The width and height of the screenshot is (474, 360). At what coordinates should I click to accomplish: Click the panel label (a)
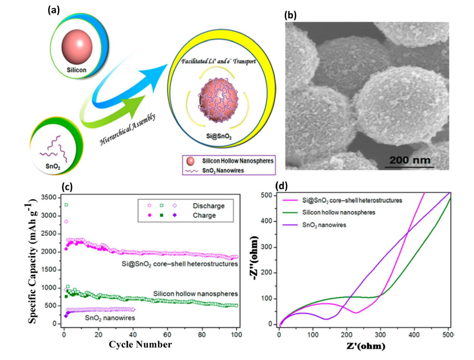(x=53, y=10)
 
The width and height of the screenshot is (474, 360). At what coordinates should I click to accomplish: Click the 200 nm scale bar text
(x=410, y=160)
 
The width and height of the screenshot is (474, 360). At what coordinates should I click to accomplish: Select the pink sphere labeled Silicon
(x=77, y=43)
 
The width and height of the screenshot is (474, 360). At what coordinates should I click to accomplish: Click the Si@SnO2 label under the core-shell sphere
(x=219, y=137)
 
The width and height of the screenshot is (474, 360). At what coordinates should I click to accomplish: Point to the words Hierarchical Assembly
(x=127, y=130)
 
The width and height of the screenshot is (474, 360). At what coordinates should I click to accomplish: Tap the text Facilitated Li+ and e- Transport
(x=219, y=61)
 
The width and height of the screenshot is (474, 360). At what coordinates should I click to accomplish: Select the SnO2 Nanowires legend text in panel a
(x=223, y=171)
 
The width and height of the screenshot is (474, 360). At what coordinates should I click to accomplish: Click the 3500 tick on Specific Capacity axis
(x=49, y=198)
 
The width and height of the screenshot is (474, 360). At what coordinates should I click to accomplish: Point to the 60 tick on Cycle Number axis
(x=167, y=335)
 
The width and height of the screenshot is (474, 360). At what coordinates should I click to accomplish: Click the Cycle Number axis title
(x=140, y=345)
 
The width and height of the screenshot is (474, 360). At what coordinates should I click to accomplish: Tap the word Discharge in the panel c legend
(x=208, y=206)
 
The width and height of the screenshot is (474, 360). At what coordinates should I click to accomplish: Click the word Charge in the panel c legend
(x=204, y=215)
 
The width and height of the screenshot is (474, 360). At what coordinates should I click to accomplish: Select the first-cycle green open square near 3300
(x=66, y=205)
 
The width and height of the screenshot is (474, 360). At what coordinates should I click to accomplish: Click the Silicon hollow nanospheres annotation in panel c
(x=195, y=294)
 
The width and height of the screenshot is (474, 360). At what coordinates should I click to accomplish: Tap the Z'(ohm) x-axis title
(x=365, y=346)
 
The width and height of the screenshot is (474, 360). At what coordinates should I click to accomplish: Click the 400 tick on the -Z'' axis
(x=267, y=221)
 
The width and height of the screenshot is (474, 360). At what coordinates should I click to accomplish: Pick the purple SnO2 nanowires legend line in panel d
(x=290, y=225)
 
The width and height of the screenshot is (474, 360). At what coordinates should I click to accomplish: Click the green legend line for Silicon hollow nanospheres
(x=290, y=212)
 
